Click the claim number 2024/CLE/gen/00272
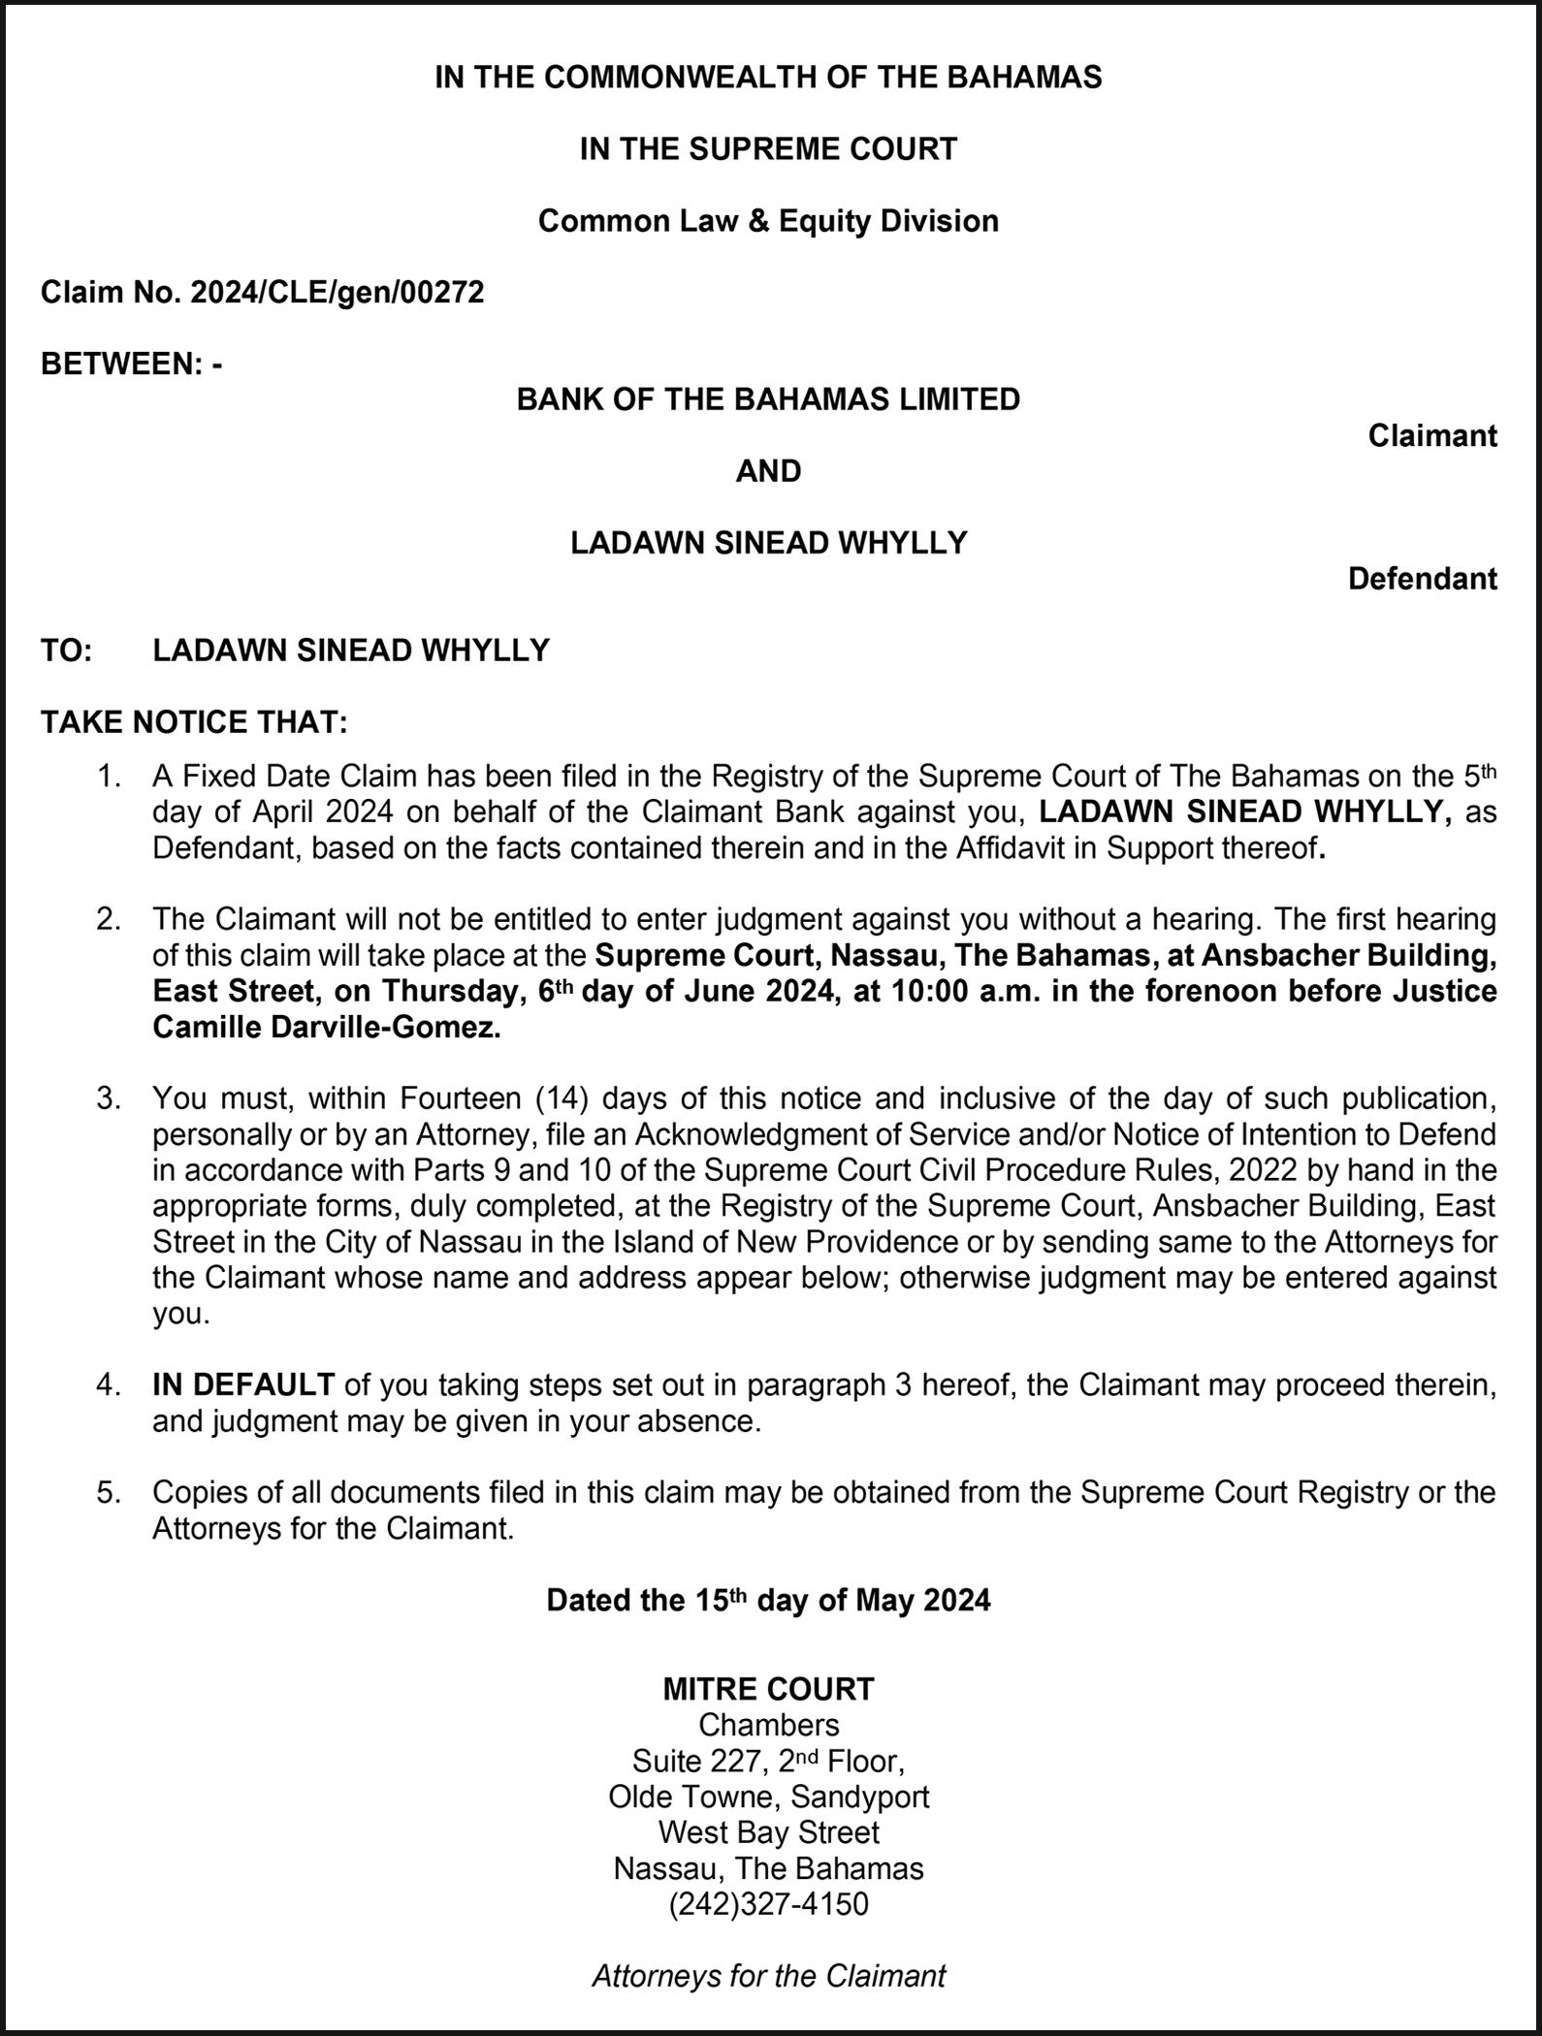[x=337, y=292]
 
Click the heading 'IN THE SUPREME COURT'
[x=768, y=149]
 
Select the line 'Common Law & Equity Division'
[x=768, y=221]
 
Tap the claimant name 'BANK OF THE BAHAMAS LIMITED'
[x=768, y=399]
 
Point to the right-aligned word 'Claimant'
[x=1431, y=436]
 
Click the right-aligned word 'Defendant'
[x=1422, y=579]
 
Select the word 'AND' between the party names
[x=768, y=471]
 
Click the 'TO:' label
[x=66, y=650]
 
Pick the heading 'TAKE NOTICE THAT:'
[x=194, y=722]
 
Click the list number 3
[x=108, y=1098]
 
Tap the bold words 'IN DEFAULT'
[x=243, y=1384]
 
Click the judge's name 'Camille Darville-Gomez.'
[x=327, y=1028]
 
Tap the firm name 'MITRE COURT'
[x=768, y=1690]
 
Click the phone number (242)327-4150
[x=768, y=1904]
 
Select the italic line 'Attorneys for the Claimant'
[x=768, y=1976]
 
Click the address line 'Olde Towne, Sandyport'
[x=768, y=1797]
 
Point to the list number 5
[x=108, y=1492]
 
